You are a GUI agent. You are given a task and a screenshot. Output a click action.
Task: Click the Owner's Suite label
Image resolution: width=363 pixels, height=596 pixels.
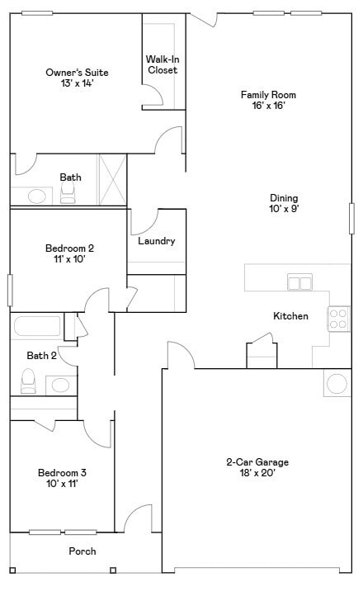[x=77, y=73]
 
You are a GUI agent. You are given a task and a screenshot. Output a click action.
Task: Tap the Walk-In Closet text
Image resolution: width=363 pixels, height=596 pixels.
[x=163, y=64]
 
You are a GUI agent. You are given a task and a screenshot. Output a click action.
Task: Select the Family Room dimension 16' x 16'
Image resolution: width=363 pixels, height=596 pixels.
[x=268, y=106]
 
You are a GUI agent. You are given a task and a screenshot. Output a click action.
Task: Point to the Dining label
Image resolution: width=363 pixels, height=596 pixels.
[x=284, y=198]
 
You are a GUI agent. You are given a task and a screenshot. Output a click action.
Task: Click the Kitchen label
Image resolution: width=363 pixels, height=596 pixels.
[x=290, y=316]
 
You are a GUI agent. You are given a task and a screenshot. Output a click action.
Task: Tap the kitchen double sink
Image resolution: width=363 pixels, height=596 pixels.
[x=299, y=282]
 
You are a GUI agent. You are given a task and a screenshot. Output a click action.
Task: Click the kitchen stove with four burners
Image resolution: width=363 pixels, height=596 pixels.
[x=339, y=318]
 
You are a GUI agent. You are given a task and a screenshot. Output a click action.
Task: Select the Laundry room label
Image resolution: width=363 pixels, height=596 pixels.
[x=156, y=241]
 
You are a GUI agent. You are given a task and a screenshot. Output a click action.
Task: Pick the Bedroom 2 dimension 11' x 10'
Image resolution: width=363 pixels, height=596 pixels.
[x=68, y=259]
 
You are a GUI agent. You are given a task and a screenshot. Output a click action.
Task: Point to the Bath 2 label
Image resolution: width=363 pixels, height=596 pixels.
[x=41, y=356]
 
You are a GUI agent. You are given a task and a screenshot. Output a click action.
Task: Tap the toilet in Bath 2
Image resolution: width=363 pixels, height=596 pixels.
[x=29, y=381]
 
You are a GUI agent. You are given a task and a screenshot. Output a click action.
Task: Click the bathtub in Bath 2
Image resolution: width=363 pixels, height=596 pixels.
[x=37, y=325]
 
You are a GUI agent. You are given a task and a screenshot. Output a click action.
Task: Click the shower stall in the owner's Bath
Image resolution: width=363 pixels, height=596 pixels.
[x=112, y=179]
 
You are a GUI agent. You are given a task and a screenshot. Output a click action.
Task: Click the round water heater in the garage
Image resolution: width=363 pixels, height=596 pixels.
[x=337, y=384]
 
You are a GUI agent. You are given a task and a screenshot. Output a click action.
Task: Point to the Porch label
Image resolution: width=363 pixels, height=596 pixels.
[x=82, y=551]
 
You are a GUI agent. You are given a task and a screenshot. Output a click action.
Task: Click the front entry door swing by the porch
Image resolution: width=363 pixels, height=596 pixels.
[x=138, y=519]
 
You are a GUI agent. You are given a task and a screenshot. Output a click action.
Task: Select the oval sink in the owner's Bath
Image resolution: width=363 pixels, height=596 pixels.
[x=36, y=196]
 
